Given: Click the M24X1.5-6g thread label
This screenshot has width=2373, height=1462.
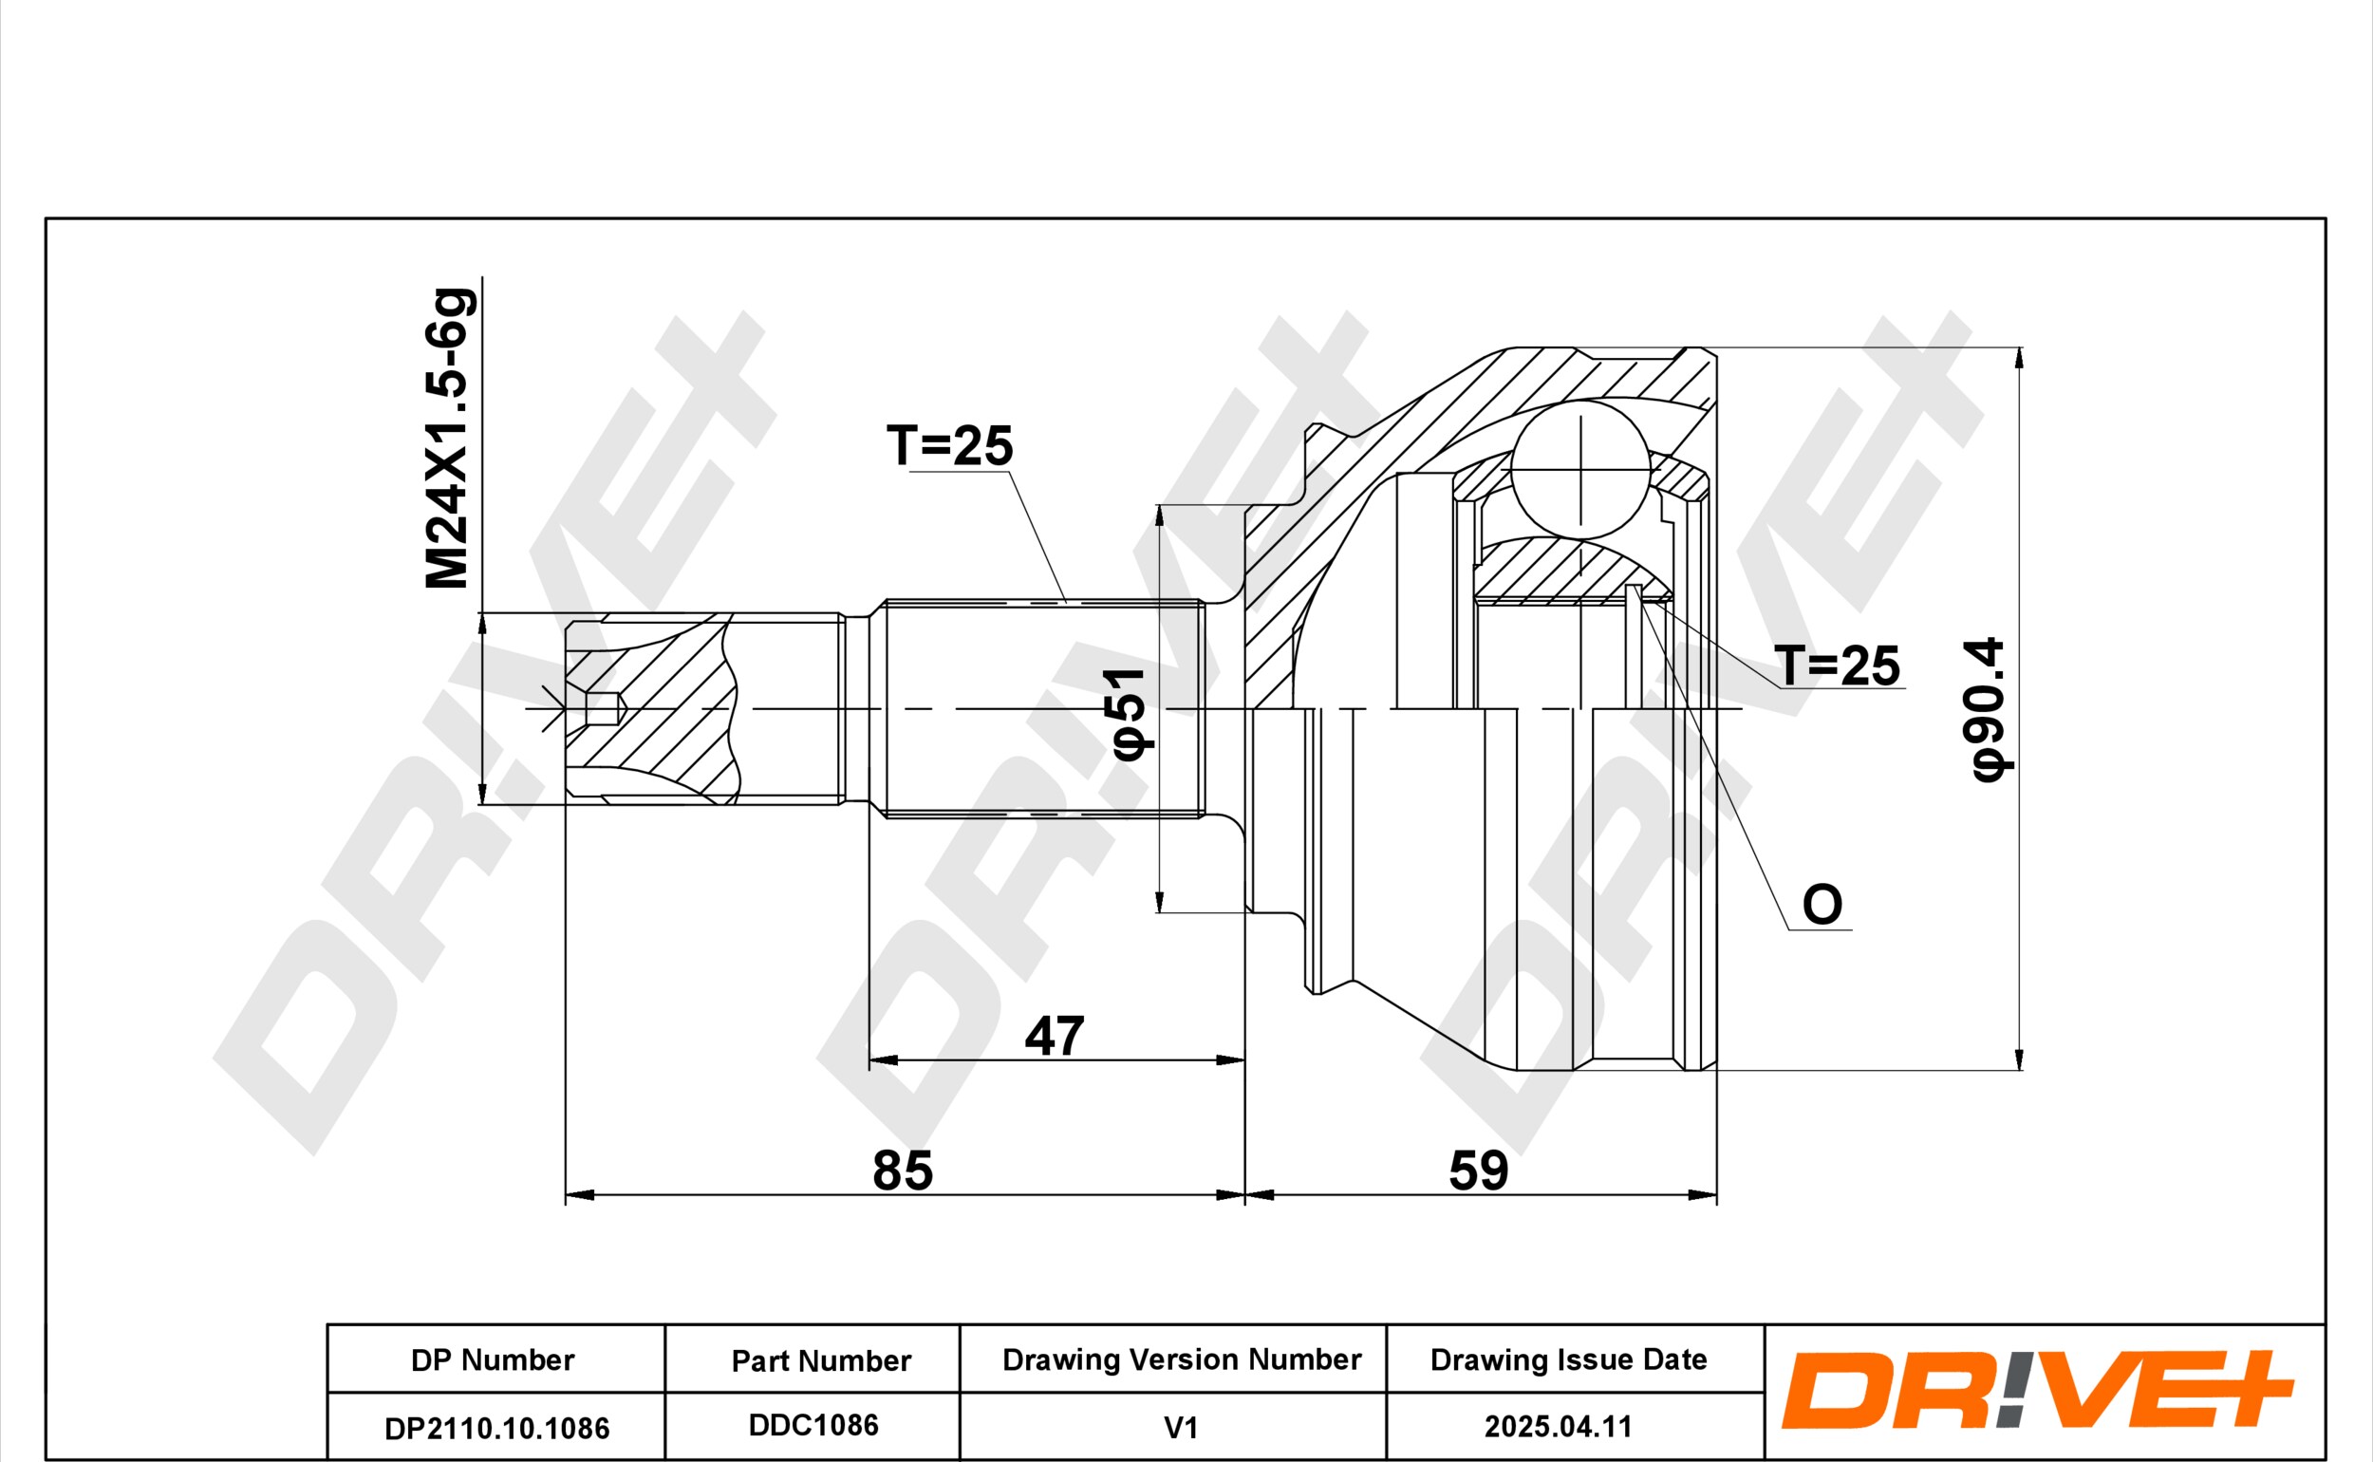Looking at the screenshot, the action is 449,438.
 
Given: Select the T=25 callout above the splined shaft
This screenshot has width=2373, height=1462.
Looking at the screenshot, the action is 949,446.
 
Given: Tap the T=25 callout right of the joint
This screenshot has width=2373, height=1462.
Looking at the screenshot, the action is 1837,665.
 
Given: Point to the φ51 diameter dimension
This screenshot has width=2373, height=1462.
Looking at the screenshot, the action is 1129,713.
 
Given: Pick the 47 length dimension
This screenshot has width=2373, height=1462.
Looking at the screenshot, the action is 1055,1037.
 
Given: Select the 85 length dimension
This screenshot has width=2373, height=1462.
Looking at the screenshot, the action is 903,1171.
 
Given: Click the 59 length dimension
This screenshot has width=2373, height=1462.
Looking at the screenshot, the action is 1478,1171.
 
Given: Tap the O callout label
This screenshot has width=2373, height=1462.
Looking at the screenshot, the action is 1822,905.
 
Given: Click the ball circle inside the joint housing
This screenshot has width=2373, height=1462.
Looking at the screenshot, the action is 1580,470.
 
